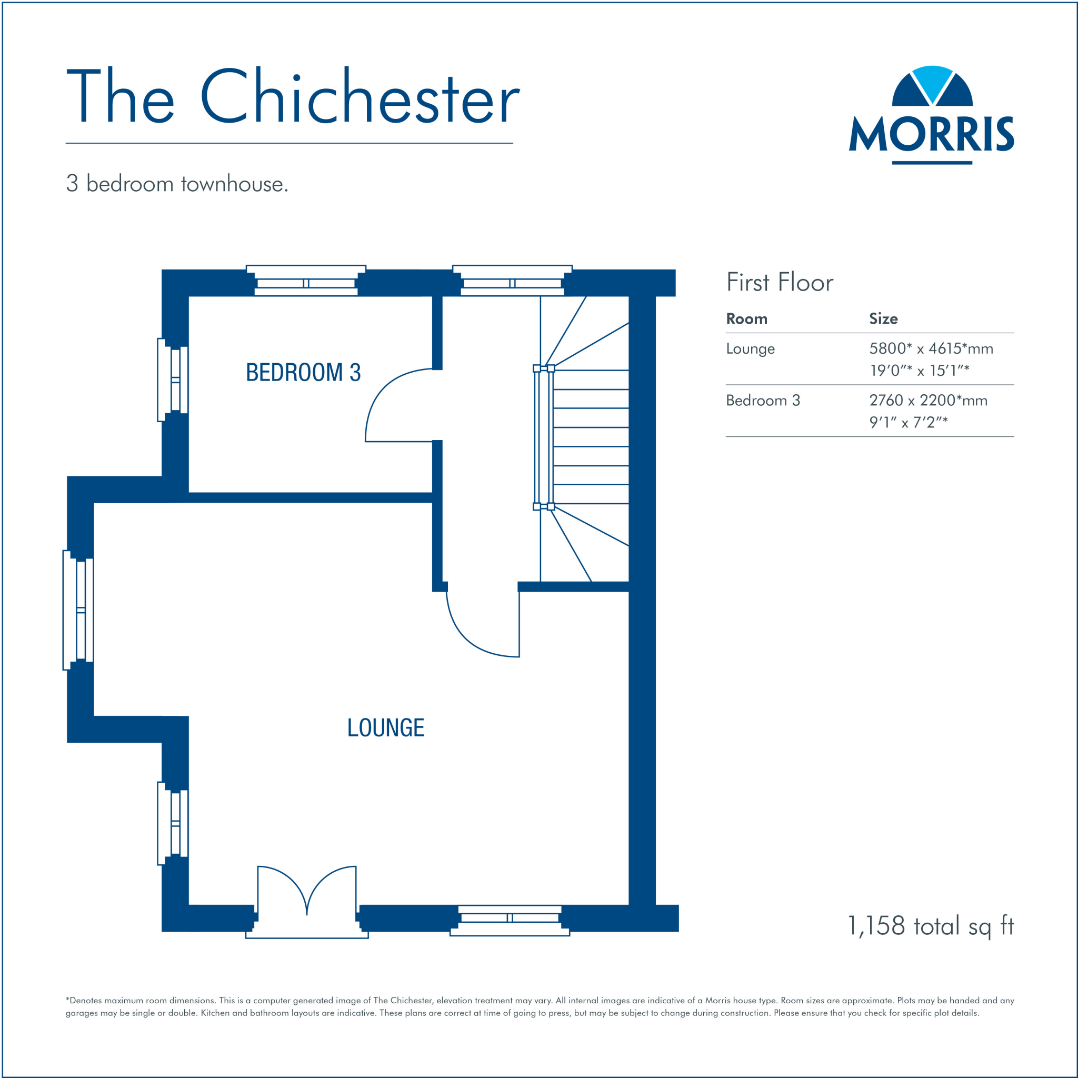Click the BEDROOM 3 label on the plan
(303, 373)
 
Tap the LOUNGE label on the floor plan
(385, 728)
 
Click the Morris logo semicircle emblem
(932, 86)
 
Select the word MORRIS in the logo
(931, 134)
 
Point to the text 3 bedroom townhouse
(177, 184)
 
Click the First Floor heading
(780, 282)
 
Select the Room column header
(746, 319)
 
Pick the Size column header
(883, 319)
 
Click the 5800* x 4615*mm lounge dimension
(931, 349)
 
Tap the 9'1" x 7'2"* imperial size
(908, 422)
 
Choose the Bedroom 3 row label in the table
(763, 401)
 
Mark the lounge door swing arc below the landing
(468, 636)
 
